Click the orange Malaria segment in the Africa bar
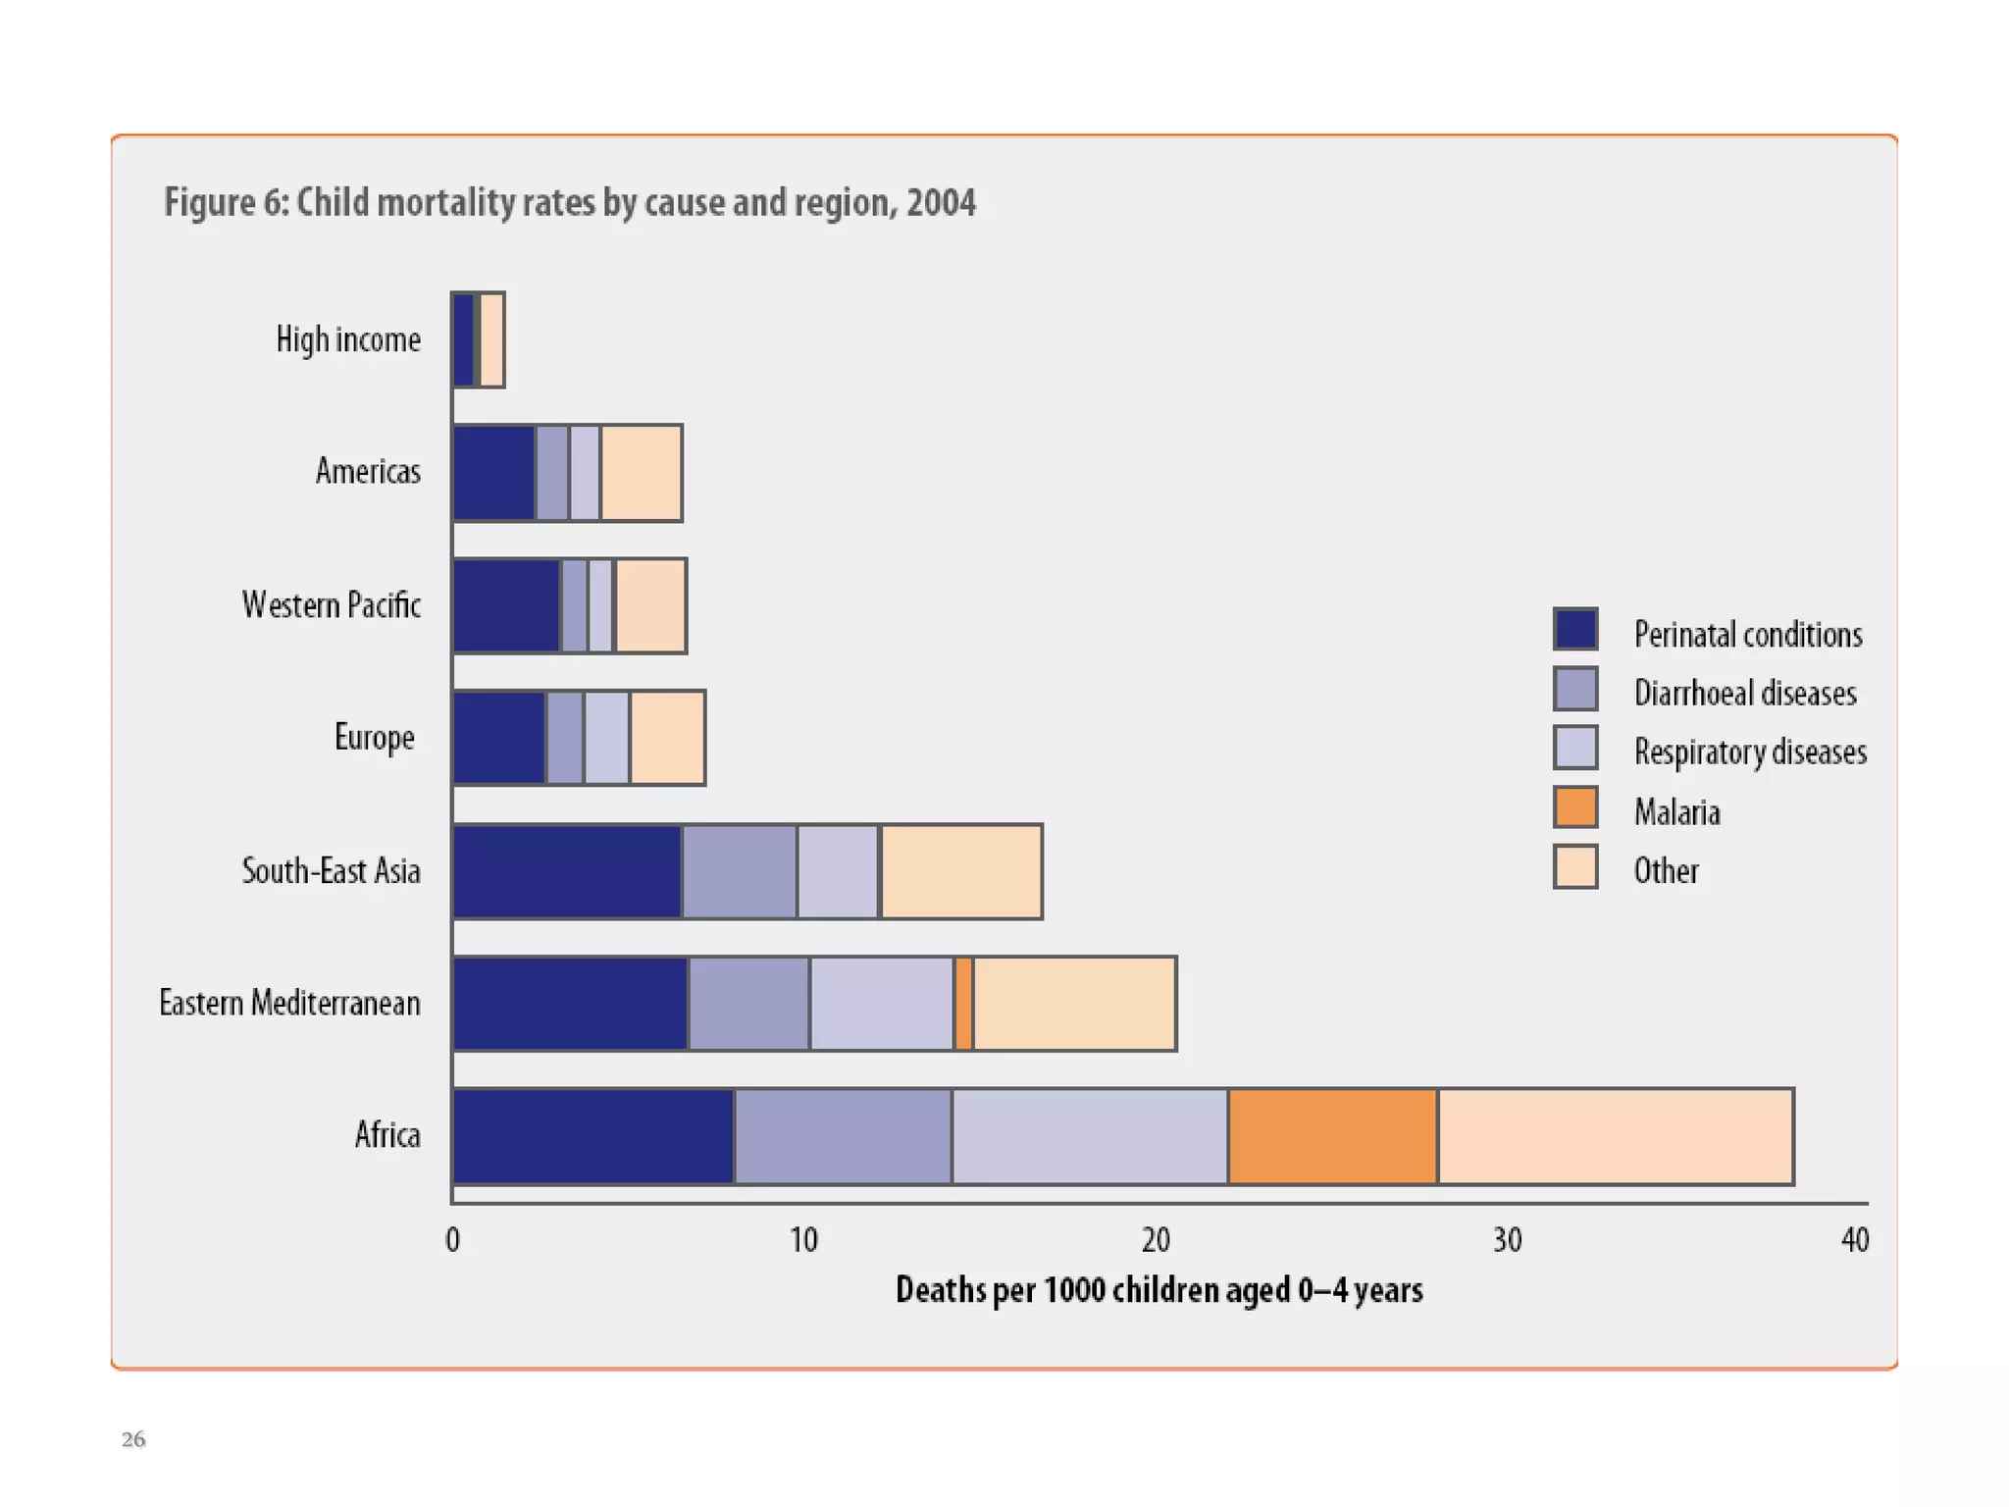click(x=1332, y=1136)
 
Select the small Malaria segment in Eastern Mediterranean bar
click(x=963, y=1004)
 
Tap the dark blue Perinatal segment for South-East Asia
click(x=567, y=872)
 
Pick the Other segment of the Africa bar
click(x=1615, y=1136)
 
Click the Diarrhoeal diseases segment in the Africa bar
click(x=843, y=1136)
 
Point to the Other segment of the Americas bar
click(x=641, y=473)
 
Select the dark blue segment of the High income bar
click(x=463, y=339)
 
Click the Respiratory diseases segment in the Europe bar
click(x=606, y=739)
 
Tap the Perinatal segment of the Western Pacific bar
click(x=506, y=605)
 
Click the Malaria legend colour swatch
click(x=1575, y=807)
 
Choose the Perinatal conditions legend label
click(x=1747, y=635)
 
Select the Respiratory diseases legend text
click(x=1749, y=753)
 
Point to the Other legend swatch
click(x=1575, y=867)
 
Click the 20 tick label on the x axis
click(x=1156, y=1241)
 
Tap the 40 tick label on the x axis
click(x=1854, y=1241)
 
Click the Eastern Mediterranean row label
click(x=289, y=1004)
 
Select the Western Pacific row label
click(x=331, y=605)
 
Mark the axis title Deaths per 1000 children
click(x=1159, y=1290)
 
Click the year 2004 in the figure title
click(x=941, y=203)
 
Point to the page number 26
click(x=133, y=1439)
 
